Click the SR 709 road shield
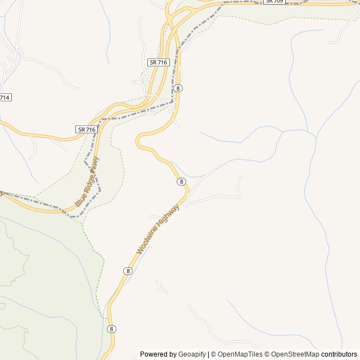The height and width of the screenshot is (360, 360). pyautogui.click(x=274, y=2)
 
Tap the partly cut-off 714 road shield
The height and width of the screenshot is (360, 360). pyautogui.click(x=4, y=97)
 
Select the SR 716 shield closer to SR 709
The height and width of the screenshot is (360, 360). pyautogui.click(x=159, y=62)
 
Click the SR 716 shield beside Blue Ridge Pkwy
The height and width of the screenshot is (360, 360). pyautogui.click(x=87, y=129)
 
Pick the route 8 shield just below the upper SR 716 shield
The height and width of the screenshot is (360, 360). pyautogui.click(x=178, y=88)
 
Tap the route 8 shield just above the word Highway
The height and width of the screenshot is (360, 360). pyautogui.click(x=181, y=182)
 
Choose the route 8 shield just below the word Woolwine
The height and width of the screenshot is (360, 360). pyautogui.click(x=128, y=271)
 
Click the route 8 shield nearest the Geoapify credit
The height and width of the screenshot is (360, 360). pyautogui.click(x=111, y=329)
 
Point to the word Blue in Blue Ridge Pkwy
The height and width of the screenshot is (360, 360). pyautogui.click(x=80, y=200)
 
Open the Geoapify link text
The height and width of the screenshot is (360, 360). pyautogui.click(x=192, y=354)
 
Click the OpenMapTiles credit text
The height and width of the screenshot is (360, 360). pyautogui.click(x=240, y=354)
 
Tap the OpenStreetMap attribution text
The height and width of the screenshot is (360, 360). pyautogui.click(x=295, y=354)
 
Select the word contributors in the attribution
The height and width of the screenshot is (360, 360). pyautogui.click(x=339, y=354)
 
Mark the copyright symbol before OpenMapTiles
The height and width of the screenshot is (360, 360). pyautogui.click(x=213, y=354)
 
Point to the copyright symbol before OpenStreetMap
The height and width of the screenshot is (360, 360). pyautogui.click(x=267, y=354)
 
